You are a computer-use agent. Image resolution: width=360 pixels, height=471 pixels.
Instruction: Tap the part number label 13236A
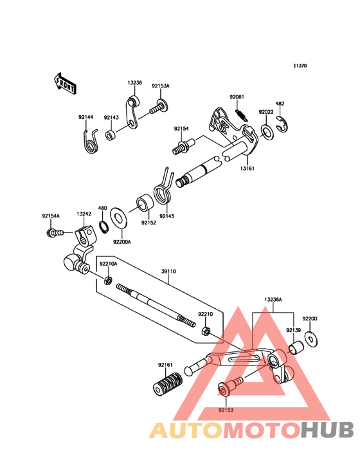pyautogui.click(x=273, y=299)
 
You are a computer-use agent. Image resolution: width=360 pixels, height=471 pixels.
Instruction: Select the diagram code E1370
pyautogui.click(x=300, y=66)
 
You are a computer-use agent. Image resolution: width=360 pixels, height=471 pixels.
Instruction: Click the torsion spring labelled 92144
pyautogui.click(x=90, y=140)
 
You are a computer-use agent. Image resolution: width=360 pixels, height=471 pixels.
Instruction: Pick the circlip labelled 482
pyautogui.click(x=282, y=124)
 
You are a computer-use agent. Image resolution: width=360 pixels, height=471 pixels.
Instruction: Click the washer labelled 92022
pyautogui.click(x=267, y=131)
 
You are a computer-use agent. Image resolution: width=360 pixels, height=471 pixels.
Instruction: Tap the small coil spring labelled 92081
pyautogui.click(x=242, y=115)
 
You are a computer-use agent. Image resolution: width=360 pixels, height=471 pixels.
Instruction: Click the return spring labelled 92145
pyautogui.click(x=163, y=188)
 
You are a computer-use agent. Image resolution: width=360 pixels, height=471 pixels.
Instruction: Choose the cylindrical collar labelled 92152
pyautogui.click(x=145, y=204)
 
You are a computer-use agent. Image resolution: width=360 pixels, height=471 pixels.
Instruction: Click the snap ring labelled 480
pyautogui.click(x=104, y=226)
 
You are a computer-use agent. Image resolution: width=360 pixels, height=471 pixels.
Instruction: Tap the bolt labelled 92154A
pyautogui.click(x=55, y=232)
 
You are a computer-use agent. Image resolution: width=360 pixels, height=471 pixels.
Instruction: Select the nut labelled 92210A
pyautogui.click(x=108, y=281)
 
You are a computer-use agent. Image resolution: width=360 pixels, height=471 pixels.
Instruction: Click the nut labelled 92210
pyautogui.click(x=206, y=331)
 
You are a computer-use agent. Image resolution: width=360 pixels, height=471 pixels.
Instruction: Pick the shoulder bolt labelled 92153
pyautogui.click(x=230, y=387)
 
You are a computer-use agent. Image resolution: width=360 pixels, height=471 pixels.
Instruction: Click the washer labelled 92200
pyautogui.click(x=311, y=339)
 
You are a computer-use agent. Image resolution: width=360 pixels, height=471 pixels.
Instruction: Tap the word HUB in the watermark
pyautogui.click(x=328, y=430)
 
